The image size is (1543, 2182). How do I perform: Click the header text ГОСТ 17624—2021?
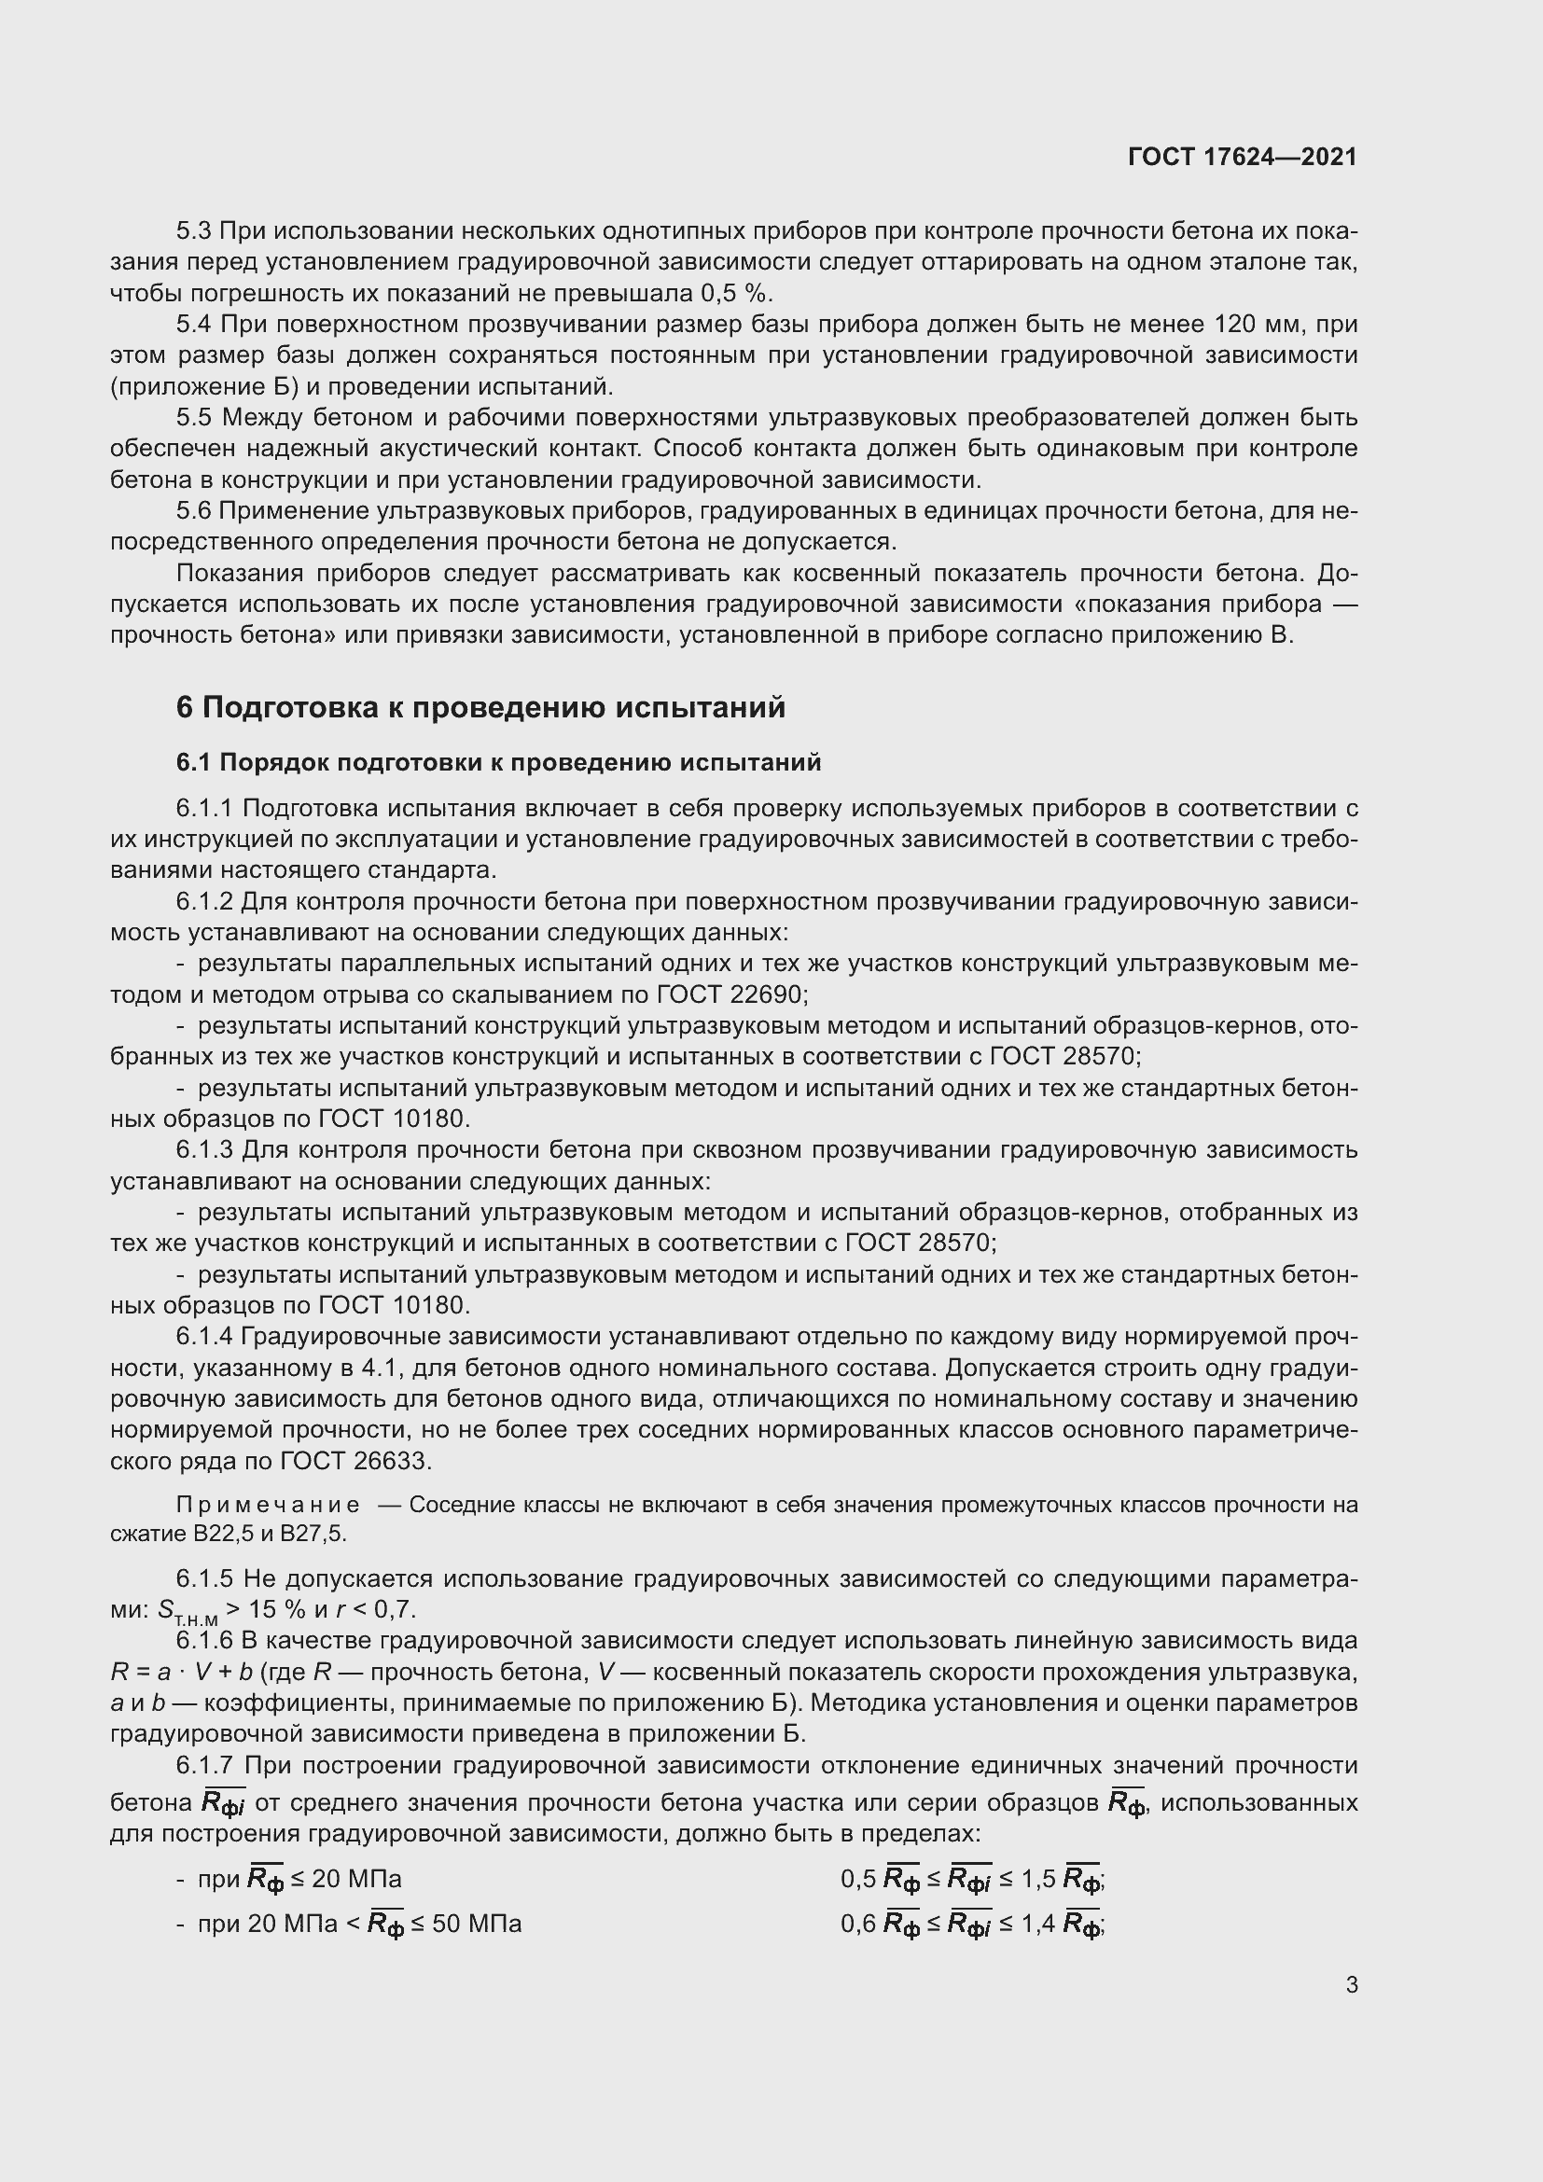pos(1242,157)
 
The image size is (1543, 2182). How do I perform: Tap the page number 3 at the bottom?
pos(1351,1984)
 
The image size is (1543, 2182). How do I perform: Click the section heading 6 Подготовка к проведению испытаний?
pos(480,707)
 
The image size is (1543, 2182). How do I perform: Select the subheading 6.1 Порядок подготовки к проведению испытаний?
pos(498,762)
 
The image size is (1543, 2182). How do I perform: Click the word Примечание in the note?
pos(268,1505)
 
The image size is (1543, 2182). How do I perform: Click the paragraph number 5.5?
pos(195,417)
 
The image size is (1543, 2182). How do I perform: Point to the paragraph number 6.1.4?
pos(203,1336)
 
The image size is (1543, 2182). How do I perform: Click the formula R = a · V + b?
pos(181,1672)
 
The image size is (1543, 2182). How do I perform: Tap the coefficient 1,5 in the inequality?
pos(1037,1879)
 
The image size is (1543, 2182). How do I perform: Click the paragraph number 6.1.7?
pos(203,1765)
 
